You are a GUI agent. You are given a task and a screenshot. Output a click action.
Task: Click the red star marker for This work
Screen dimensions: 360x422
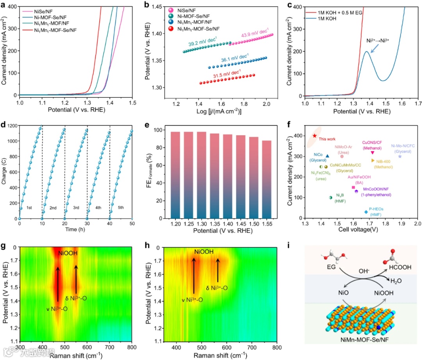click(x=315, y=136)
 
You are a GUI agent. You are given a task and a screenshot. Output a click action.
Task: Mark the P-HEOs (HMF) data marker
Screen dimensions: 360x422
click(x=366, y=212)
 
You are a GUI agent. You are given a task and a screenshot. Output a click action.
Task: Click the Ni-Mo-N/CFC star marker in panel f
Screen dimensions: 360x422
click(x=400, y=156)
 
